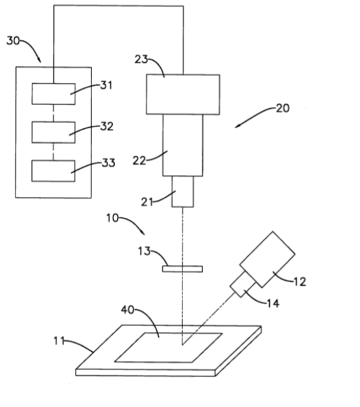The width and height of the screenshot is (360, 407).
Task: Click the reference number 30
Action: [x=13, y=41]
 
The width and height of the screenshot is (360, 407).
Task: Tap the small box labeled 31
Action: [x=53, y=94]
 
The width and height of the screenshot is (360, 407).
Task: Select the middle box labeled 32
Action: [x=53, y=132]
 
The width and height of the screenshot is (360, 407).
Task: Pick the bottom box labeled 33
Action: [x=53, y=171]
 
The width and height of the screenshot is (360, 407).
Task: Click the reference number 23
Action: [x=141, y=59]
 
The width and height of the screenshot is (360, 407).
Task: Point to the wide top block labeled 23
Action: [x=183, y=95]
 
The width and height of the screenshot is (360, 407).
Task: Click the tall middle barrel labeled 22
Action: [x=183, y=145]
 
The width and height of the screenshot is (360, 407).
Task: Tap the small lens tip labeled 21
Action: [x=183, y=192]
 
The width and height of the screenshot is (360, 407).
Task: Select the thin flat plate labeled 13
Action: [x=182, y=269]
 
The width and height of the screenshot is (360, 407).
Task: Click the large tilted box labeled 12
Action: [x=267, y=260]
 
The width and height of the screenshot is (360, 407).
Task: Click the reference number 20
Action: [x=283, y=108]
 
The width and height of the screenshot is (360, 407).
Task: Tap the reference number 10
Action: [x=112, y=218]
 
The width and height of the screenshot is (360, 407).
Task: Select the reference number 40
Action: [x=128, y=309]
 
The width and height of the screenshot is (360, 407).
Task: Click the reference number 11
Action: [x=59, y=340]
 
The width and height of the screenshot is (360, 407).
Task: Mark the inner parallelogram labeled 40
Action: [x=168, y=347]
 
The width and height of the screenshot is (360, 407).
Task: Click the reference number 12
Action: [x=300, y=282]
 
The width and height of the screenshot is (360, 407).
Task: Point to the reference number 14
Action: [x=273, y=303]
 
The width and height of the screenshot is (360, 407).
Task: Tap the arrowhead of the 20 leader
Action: [x=236, y=127]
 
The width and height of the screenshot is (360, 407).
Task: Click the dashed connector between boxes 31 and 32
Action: [x=53, y=113]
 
